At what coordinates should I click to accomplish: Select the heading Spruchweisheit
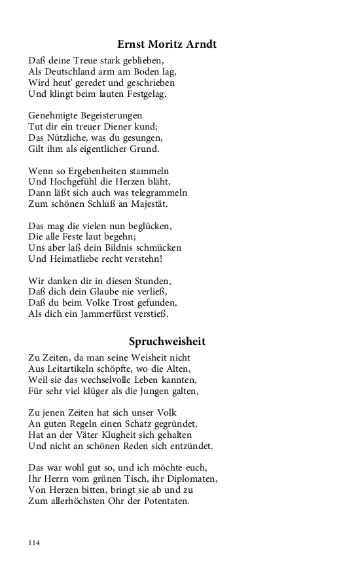click(x=167, y=341)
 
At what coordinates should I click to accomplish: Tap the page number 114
click(x=35, y=543)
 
